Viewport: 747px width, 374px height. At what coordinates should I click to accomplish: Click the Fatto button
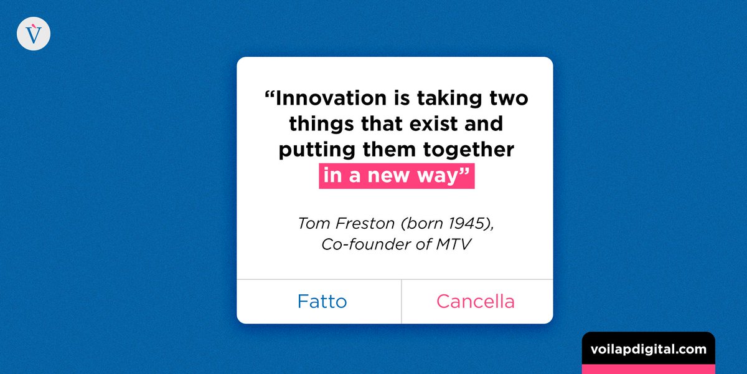[322, 302]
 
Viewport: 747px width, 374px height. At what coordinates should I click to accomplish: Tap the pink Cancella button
[476, 302]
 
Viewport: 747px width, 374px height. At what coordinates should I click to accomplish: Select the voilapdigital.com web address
[648, 349]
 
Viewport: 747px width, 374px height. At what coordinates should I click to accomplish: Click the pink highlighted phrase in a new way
[397, 176]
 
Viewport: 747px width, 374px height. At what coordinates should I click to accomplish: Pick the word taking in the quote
[447, 98]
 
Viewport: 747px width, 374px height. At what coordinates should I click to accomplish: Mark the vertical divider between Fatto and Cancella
[402, 302]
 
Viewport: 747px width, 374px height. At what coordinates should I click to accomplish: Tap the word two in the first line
[509, 98]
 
